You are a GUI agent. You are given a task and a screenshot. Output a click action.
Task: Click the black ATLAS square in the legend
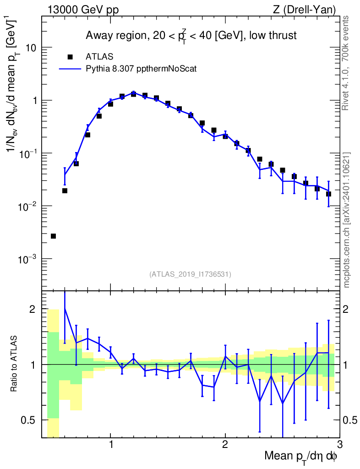pos(70,56)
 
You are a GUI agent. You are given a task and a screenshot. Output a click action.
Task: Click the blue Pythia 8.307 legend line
pos(70,69)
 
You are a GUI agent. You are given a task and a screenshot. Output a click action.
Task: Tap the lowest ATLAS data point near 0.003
pos(53,236)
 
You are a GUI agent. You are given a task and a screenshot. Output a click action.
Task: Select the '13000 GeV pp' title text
pos(83,10)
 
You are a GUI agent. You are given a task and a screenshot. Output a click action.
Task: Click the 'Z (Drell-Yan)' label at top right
pos(304,10)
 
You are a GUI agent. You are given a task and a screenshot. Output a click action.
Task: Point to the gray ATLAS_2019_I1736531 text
pos(190,274)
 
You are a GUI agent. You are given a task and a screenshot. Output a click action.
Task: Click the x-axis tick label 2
pos(225,445)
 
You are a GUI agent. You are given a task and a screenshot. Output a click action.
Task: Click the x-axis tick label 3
pos(339,445)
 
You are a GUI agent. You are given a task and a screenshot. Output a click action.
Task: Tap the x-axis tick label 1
pos(111,445)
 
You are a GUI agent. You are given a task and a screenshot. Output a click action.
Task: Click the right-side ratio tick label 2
pos(345,309)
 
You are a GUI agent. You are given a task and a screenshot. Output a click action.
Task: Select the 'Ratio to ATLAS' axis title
pos(13,364)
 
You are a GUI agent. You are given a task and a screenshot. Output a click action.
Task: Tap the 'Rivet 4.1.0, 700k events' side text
pos(346,63)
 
